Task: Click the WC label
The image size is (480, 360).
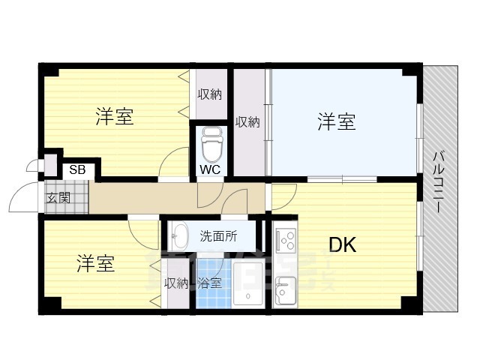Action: click(209, 169)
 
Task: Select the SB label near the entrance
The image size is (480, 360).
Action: click(77, 169)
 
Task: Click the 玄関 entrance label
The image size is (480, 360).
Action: click(58, 198)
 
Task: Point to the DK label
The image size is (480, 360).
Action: click(341, 245)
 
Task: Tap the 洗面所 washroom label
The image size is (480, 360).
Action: click(218, 235)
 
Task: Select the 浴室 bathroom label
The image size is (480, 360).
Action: click(209, 283)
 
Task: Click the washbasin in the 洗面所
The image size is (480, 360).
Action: click(179, 237)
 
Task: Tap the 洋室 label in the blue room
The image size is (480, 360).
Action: click(335, 121)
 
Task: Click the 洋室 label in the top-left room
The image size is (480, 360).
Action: click(114, 117)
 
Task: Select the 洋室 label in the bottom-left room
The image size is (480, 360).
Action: click(95, 264)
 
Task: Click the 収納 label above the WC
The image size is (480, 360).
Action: click(210, 94)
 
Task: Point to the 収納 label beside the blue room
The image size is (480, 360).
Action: click(247, 121)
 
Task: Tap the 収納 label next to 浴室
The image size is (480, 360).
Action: click(176, 283)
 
